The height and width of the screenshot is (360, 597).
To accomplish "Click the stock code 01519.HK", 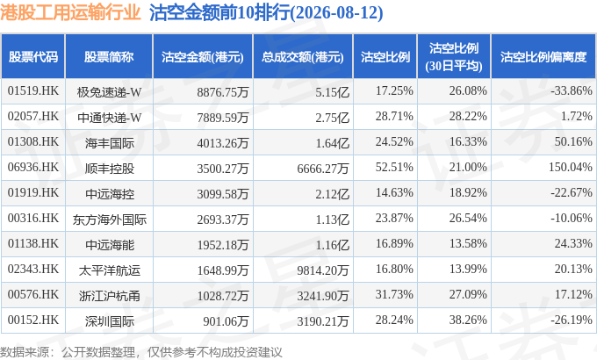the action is (x=33, y=90).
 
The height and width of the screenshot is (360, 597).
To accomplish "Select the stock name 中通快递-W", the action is (x=109, y=118).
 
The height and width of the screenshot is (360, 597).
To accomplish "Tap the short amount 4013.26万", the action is (x=223, y=143).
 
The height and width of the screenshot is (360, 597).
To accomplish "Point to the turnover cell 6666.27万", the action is (x=323, y=169).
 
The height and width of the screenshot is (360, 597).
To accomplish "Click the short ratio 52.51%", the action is (x=394, y=167).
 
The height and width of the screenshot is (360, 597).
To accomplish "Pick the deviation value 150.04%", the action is (x=570, y=167).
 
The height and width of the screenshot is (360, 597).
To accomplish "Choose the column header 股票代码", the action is (x=33, y=57).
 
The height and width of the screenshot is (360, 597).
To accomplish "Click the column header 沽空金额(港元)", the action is (x=203, y=57).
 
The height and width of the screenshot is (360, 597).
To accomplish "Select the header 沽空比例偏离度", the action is (x=543, y=57).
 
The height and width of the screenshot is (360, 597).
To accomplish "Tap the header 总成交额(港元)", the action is (x=303, y=57).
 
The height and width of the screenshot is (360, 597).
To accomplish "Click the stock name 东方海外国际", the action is (x=109, y=220).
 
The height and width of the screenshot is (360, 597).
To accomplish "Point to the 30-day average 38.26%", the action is (x=468, y=320).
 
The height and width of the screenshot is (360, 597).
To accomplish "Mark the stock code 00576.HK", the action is (x=33, y=294).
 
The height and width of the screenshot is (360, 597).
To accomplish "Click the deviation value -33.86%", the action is (x=572, y=90).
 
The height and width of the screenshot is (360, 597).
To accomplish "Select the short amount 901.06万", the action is (x=226, y=321).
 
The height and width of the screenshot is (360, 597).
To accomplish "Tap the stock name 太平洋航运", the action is (x=109, y=270).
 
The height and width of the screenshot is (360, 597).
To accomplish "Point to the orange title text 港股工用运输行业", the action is (x=70, y=12).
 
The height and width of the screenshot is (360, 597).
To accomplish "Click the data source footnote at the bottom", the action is (x=141, y=352).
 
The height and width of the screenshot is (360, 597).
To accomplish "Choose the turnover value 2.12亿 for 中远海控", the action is (x=332, y=194).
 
